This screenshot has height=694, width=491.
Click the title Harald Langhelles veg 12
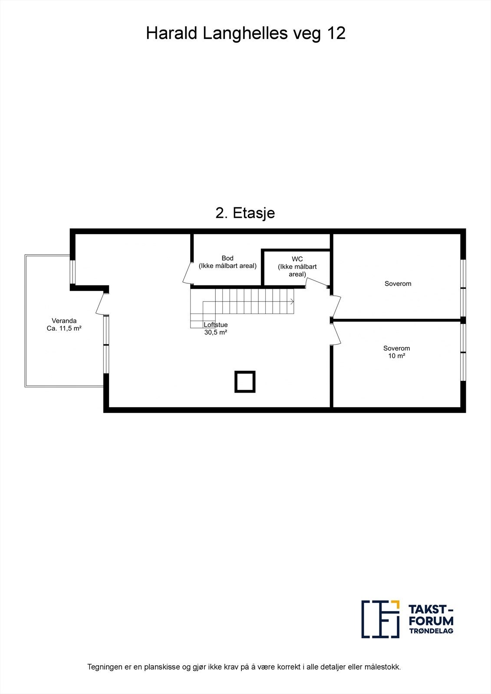tap(246, 33)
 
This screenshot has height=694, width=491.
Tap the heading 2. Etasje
tap(245, 213)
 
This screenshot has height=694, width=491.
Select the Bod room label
tap(227, 258)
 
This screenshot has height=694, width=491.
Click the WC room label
tap(297, 259)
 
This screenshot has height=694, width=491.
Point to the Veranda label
tap(64, 321)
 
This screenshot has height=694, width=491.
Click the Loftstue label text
tap(216, 325)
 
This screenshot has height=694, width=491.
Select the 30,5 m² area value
tap(216, 333)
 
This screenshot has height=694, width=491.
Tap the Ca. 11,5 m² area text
tap(64, 329)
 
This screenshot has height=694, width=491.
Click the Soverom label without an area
tap(398, 284)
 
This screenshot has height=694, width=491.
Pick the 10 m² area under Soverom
tap(396, 356)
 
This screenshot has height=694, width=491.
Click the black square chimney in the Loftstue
tap(245, 382)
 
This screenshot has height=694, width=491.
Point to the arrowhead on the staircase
tap(293, 301)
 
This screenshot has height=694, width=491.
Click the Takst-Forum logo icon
tap(380, 619)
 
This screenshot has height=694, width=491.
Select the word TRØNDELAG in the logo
tap(431, 631)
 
